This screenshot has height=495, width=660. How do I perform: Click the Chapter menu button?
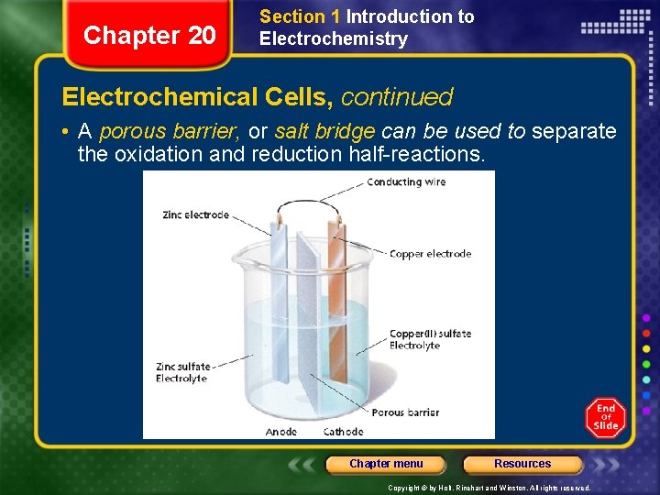coord(386,464)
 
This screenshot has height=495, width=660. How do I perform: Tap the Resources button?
coord(522,464)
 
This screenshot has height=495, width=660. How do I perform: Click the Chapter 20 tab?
coord(149,36)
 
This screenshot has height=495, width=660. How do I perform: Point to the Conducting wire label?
coord(406,181)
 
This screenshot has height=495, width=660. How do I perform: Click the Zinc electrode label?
coord(195,214)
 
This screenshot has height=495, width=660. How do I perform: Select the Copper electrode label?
coord(430,254)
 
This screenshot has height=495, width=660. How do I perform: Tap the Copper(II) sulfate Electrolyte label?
coord(430,339)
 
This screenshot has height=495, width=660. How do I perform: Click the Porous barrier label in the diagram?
coord(405,412)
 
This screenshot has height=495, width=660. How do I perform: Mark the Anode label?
coord(280,432)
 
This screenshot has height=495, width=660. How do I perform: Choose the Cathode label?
coord(343,432)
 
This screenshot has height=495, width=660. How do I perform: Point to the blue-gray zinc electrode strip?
coord(279,275)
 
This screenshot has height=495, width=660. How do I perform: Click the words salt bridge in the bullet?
coord(324,131)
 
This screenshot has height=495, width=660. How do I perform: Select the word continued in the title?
coord(397,97)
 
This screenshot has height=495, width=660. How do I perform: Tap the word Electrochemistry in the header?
coord(333,38)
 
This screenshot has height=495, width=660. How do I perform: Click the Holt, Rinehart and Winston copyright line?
coord(489,488)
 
